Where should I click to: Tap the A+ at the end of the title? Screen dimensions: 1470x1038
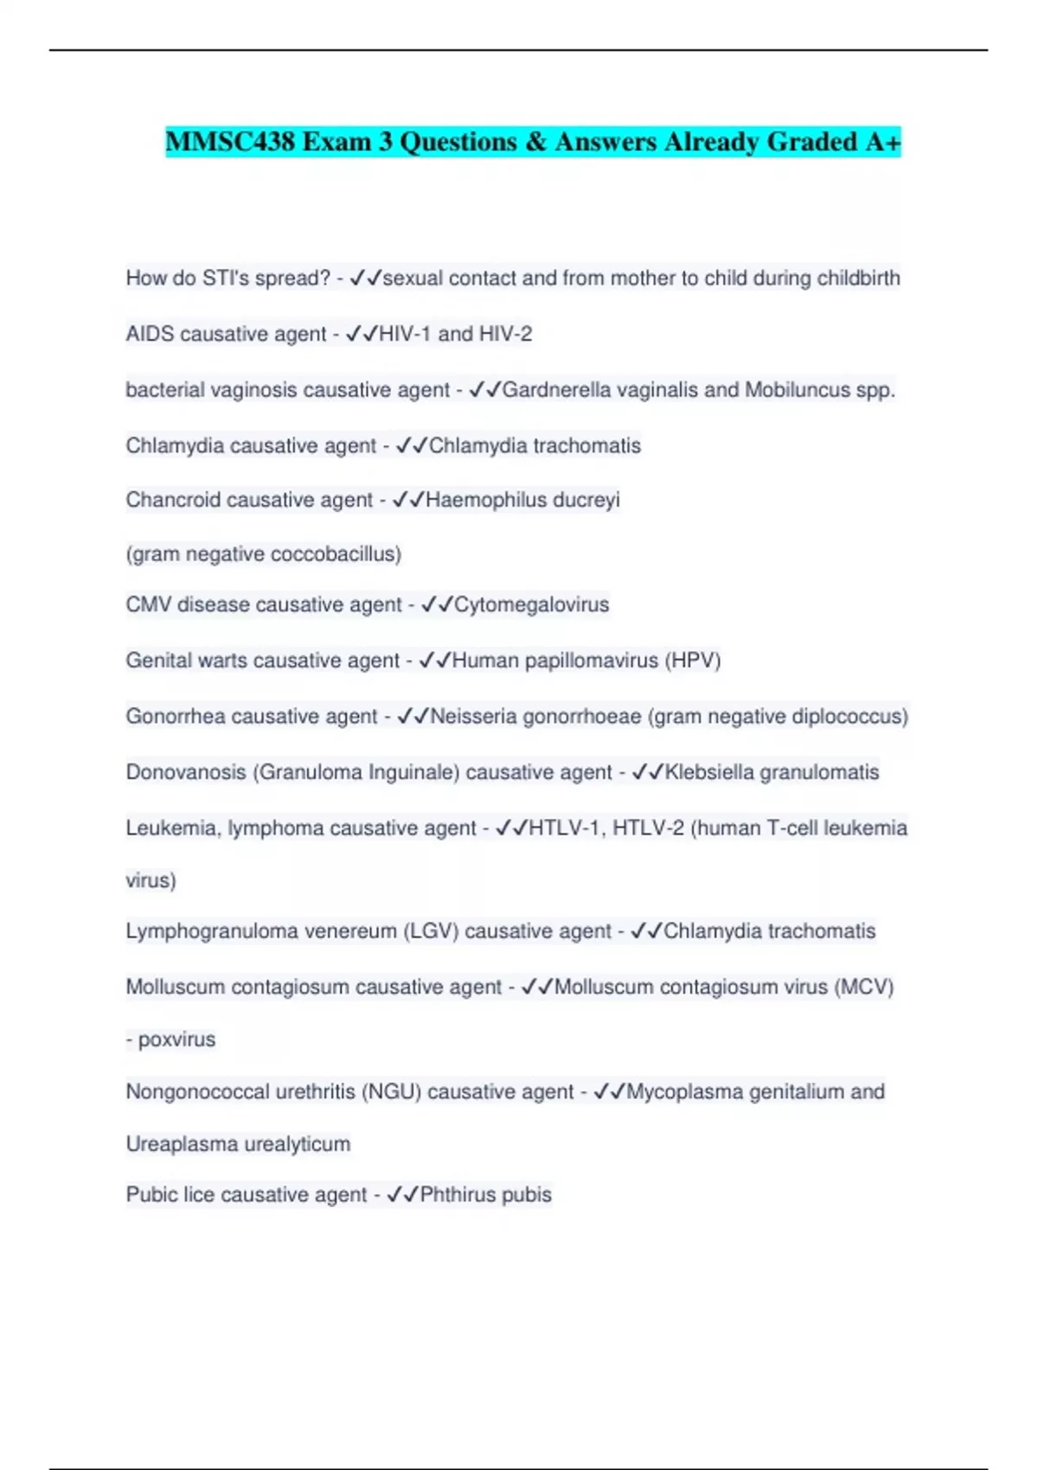[x=882, y=141]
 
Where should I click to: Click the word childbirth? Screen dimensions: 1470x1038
[x=858, y=278]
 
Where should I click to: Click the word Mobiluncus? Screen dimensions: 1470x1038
[x=798, y=390]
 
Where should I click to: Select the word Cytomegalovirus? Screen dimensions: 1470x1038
[x=531, y=604]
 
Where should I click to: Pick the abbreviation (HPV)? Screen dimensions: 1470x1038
[x=692, y=661]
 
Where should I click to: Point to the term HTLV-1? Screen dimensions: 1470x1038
[x=567, y=828]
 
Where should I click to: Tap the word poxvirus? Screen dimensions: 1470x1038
[x=176, y=1039]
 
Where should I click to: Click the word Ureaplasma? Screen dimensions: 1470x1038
[x=181, y=1144]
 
